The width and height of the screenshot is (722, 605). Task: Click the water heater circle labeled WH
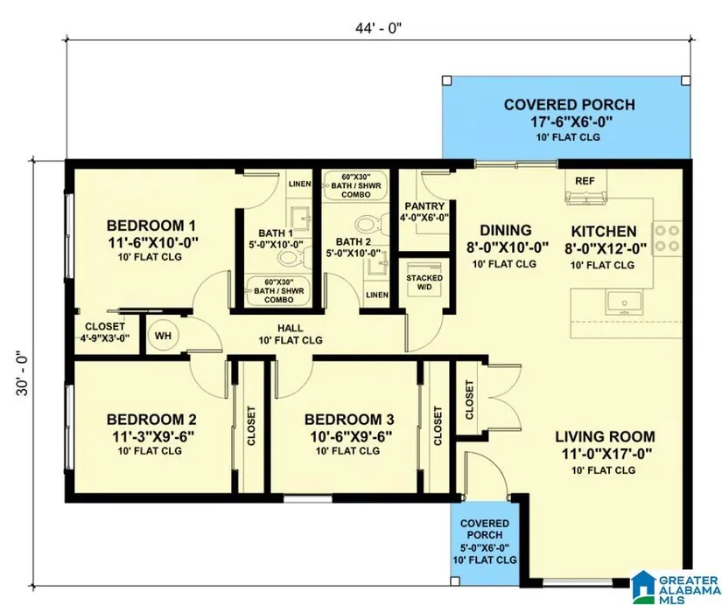tap(163, 336)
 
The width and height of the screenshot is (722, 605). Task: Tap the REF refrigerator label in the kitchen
tap(585, 181)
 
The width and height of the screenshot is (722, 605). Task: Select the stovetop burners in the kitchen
tap(667, 239)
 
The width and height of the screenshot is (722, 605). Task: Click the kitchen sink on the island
tap(624, 302)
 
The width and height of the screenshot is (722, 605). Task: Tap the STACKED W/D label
tap(424, 282)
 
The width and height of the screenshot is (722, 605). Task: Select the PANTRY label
tap(424, 206)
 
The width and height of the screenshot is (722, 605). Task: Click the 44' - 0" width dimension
tap(378, 28)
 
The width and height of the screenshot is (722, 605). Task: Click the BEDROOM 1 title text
tap(151, 226)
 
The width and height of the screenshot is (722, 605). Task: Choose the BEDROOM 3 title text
tap(349, 420)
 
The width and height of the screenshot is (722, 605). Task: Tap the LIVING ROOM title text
tap(605, 436)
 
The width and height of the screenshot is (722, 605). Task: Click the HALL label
tap(291, 328)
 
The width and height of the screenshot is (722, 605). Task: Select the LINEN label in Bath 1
tap(300, 184)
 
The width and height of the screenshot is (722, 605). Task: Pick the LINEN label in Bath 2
tap(377, 295)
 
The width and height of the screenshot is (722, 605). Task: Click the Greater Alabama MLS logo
tap(675, 587)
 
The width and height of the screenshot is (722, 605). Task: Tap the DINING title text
tap(506, 231)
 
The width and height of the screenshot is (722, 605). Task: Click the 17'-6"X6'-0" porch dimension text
tap(570, 122)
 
